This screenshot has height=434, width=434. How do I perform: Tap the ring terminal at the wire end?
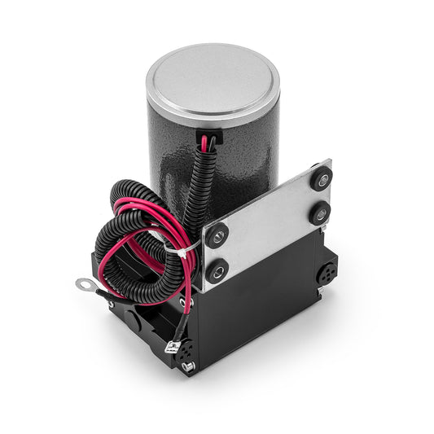click(x=84, y=285)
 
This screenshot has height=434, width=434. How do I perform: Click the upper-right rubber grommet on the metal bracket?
click(x=321, y=178)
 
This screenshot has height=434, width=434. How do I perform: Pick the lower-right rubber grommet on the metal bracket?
click(x=318, y=214)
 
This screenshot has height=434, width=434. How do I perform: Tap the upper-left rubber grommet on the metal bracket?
click(x=217, y=236)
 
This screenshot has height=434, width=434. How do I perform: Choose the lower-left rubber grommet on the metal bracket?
click(x=216, y=271)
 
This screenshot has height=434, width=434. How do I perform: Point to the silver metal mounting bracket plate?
click(x=269, y=223)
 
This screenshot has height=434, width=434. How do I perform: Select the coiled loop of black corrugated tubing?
click(x=134, y=236)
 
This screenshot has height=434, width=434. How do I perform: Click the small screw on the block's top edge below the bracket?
click(x=187, y=301)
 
